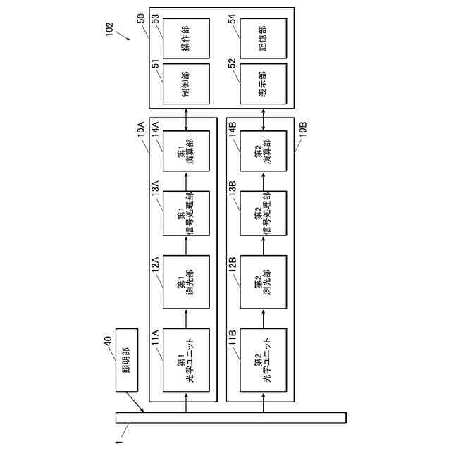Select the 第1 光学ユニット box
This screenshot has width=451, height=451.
(x=187, y=361)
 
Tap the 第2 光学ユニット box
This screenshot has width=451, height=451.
(x=264, y=361)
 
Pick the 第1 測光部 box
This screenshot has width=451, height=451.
(x=187, y=280)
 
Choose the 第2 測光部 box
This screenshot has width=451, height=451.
(x=264, y=280)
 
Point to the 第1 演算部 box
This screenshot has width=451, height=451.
(x=187, y=150)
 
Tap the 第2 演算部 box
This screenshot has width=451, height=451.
(x=264, y=150)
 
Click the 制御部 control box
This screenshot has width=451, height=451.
(x=187, y=86)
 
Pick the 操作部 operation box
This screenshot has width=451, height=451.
(x=187, y=39)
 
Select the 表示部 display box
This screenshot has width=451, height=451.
(x=264, y=86)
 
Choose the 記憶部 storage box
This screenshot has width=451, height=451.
(x=264, y=39)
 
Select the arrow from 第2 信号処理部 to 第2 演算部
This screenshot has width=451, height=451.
(x=264, y=181)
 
